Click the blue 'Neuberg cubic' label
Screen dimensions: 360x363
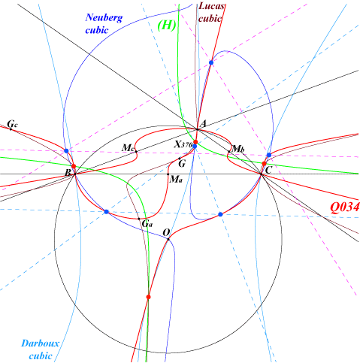tap(104, 23)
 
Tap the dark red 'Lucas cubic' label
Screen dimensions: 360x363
tap(210, 13)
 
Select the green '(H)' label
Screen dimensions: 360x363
tap(167, 26)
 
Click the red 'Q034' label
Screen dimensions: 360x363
tap(345, 207)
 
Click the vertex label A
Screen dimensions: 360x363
tap(203, 124)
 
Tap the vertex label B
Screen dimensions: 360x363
tap(68, 173)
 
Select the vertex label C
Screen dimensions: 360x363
tap(268, 171)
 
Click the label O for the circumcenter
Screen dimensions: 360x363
tap(166, 233)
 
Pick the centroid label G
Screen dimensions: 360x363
tap(182, 164)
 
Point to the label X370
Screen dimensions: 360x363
tap(183, 144)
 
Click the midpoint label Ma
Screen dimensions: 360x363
tap(176, 179)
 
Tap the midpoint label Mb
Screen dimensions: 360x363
tap(238, 149)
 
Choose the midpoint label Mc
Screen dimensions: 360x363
tap(128, 147)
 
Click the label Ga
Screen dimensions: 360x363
tap(147, 223)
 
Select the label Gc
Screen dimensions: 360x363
tap(12, 124)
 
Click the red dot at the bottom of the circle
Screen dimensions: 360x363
tap(148, 297)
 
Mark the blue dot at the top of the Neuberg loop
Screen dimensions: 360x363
tap(211, 62)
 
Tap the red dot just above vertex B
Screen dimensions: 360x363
tap(74, 166)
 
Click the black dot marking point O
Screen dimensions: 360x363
tap(168, 239)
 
